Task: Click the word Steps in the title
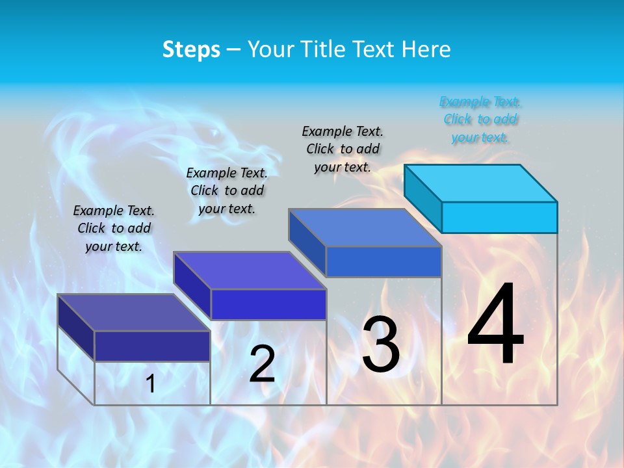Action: (x=191, y=49)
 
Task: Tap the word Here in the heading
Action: (x=426, y=49)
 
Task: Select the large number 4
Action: (x=495, y=324)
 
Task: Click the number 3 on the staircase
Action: (x=381, y=344)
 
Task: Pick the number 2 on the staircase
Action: (x=262, y=364)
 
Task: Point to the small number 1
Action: (x=151, y=383)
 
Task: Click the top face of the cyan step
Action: (x=481, y=183)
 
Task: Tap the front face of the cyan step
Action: (x=499, y=217)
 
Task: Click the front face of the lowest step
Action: (x=152, y=346)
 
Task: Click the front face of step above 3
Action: (x=383, y=262)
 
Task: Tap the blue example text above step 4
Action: (x=480, y=120)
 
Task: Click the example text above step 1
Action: (x=114, y=228)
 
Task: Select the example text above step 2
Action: (x=227, y=190)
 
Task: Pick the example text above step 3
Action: (x=343, y=149)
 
